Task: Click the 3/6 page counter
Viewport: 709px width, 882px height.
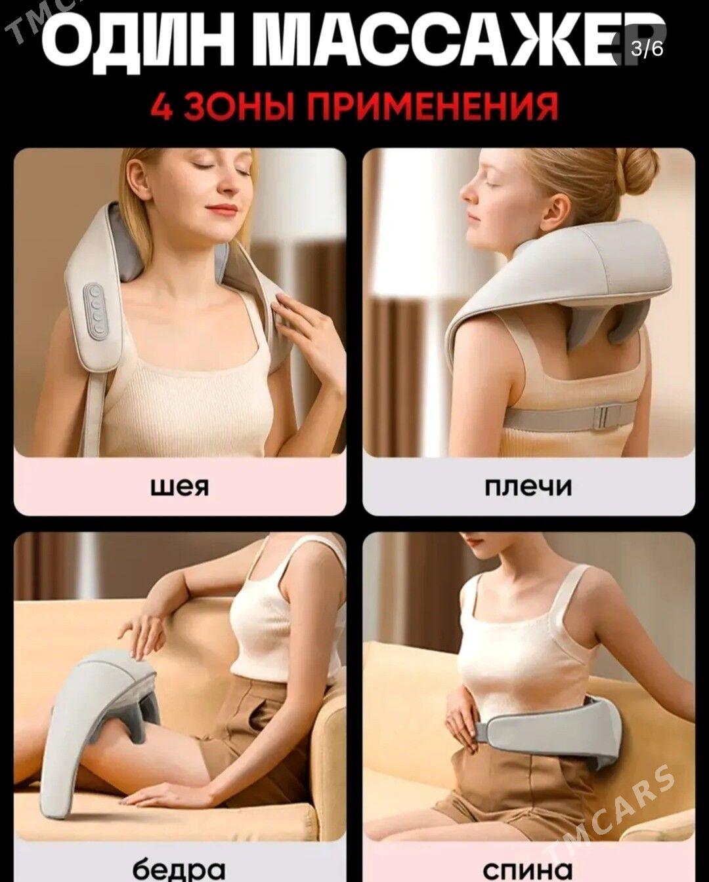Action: click(647, 49)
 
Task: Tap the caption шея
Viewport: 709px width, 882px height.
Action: click(180, 487)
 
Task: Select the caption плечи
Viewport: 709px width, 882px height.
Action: click(528, 487)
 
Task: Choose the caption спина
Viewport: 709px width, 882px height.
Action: click(528, 868)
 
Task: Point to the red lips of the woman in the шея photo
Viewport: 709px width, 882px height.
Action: click(222, 208)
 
